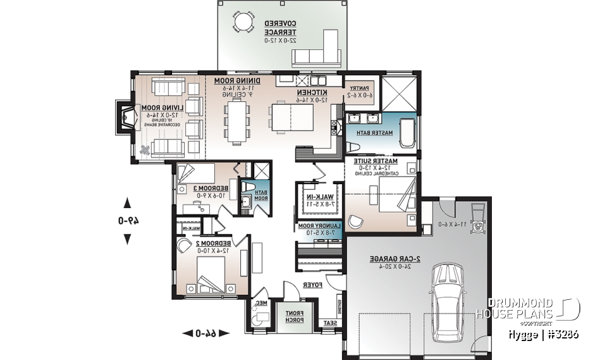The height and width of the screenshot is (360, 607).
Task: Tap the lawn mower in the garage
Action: click(x=477, y=220)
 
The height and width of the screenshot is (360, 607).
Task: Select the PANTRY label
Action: click(x=359, y=91)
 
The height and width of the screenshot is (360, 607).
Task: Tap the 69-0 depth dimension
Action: click(x=127, y=221)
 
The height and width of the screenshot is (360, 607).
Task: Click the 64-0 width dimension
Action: click(x=206, y=333)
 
